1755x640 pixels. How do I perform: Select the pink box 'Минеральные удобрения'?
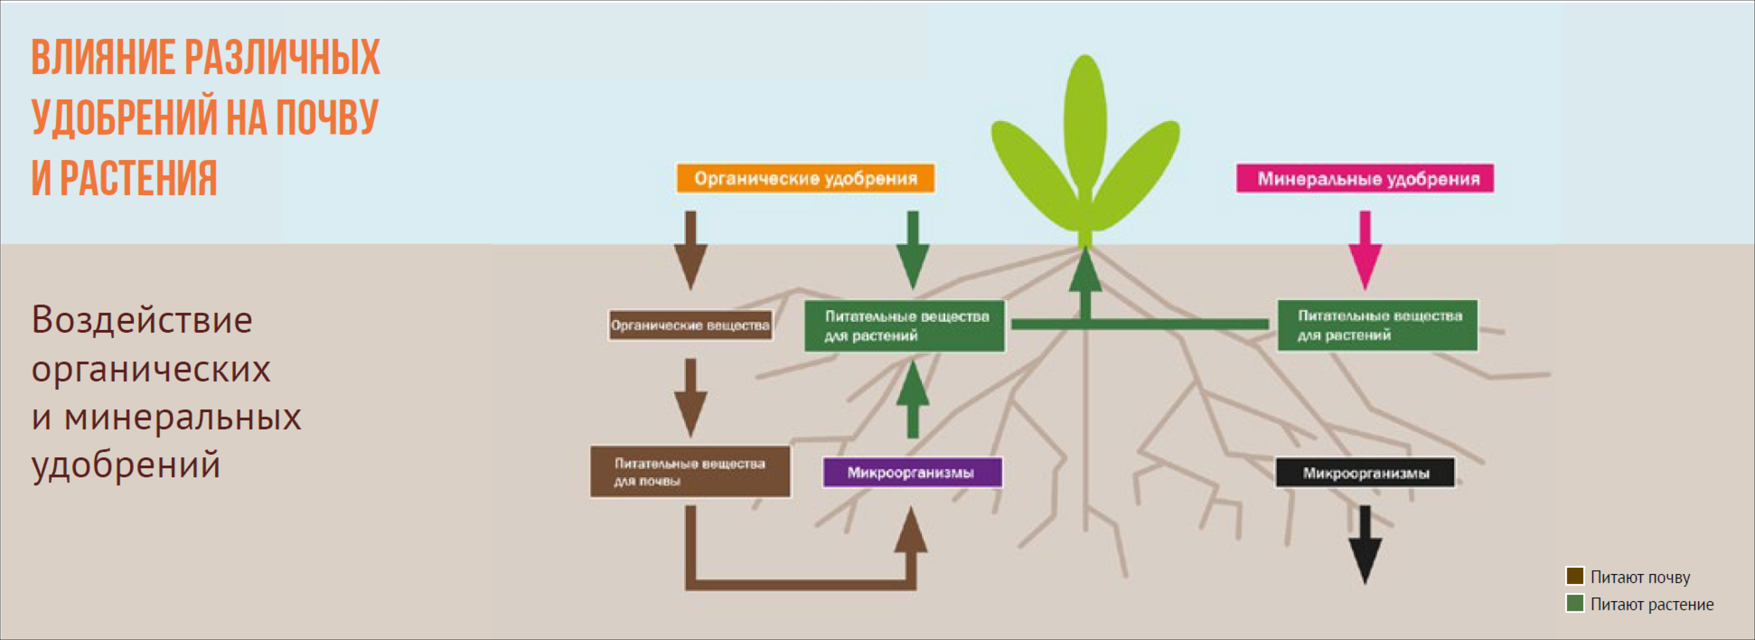(x=1365, y=179)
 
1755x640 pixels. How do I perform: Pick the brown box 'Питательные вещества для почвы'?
(x=690, y=472)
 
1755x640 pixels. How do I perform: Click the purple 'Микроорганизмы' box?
(x=911, y=472)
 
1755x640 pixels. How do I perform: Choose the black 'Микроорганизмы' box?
(x=1365, y=472)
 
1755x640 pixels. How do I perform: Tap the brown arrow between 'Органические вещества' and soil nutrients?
(x=690, y=397)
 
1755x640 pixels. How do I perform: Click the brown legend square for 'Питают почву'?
(x=1574, y=576)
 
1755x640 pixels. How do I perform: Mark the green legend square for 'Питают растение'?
(x=1574, y=603)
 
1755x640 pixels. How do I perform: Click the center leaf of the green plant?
(x=1085, y=123)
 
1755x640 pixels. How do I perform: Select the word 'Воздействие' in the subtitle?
(x=142, y=320)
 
